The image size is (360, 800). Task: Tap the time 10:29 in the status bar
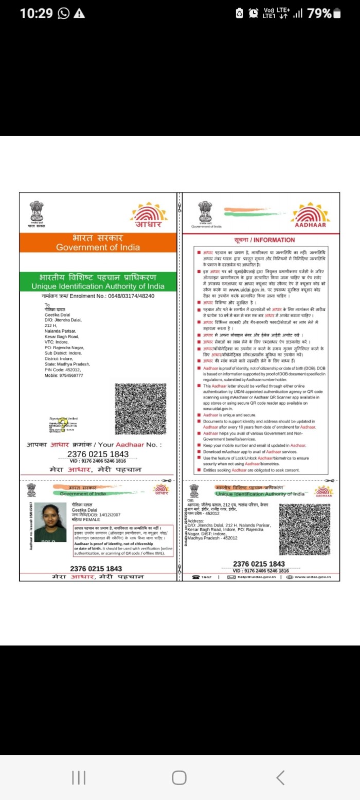pyautogui.click(x=36, y=14)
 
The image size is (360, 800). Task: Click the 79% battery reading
pyautogui.click(x=319, y=14)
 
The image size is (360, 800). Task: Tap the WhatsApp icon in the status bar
pyautogui.click(x=64, y=14)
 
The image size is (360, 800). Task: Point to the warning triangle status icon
pyautogui.click(x=79, y=14)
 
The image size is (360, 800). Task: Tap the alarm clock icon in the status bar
pyautogui.click(x=253, y=14)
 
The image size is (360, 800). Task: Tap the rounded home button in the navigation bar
pyautogui.click(x=179, y=778)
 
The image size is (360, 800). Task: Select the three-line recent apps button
pyautogui.click(x=78, y=778)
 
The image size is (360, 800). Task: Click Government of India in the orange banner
pyautogui.click(x=98, y=247)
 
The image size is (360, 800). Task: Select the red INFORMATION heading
pyautogui.click(x=264, y=240)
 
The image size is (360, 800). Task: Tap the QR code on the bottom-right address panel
pyautogui.click(x=304, y=529)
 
